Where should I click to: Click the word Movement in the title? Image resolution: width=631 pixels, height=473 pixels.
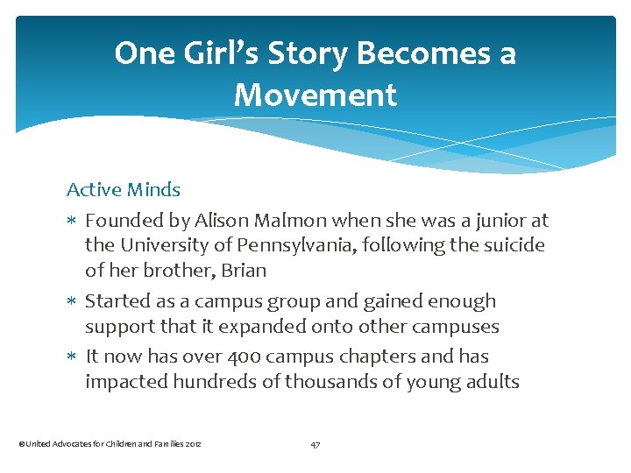tap(315, 95)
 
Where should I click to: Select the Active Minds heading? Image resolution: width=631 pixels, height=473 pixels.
tap(124, 189)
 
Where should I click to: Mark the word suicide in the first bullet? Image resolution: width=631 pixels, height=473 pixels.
tap(511, 245)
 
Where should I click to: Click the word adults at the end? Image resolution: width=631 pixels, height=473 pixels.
tap(493, 382)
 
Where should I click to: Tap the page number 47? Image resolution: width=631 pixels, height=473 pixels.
tap(315, 444)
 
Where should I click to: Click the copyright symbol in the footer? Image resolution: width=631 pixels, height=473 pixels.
tap(21, 444)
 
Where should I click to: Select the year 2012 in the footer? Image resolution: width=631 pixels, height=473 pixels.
tap(194, 444)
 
